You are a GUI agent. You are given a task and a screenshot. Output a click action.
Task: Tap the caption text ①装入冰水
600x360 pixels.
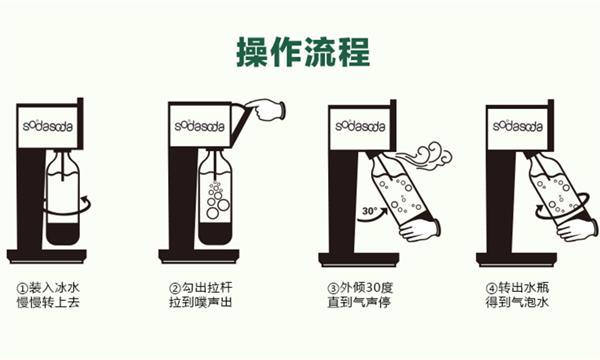coord(49,288)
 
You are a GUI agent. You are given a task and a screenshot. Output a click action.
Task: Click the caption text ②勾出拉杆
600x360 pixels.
coord(202,288)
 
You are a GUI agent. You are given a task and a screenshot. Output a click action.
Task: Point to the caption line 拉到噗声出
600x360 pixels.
coord(203,304)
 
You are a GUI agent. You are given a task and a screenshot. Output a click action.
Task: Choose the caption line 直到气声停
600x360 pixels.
coord(359,304)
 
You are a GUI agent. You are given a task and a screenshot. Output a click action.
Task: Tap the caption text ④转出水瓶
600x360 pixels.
coord(516,288)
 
